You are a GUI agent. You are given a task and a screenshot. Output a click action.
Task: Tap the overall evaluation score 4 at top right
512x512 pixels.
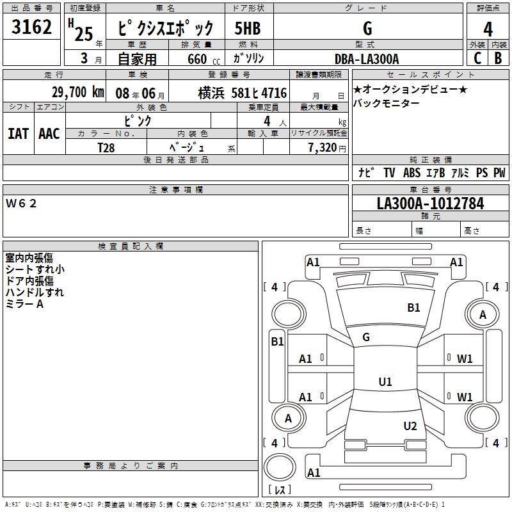tap(488, 29)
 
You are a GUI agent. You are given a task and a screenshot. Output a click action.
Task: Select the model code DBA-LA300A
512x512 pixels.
tap(367, 59)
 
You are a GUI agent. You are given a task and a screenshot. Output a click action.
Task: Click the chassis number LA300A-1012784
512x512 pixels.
tap(430, 204)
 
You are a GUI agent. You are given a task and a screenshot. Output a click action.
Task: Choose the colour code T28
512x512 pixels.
tap(106, 147)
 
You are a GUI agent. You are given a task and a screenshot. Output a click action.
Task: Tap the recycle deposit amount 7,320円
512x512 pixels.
tap(326, 147)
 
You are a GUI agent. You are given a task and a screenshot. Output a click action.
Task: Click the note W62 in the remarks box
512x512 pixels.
tap(22, 204)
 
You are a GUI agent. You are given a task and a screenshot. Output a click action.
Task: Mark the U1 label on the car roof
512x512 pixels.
tap(385, 382)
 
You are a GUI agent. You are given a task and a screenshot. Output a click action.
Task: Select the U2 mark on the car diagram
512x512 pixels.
tap(410, 426)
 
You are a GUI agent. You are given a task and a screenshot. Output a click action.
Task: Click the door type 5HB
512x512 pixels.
tap(248, 29)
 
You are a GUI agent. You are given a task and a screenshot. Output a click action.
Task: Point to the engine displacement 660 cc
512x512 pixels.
tap(198, 59)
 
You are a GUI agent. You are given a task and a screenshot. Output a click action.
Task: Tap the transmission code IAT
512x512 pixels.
tap(18, 134)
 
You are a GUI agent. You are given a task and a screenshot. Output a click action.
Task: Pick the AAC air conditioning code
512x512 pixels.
tap(49, 134)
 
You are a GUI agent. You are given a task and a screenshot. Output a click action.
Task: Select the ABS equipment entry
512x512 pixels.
tap(412, 173)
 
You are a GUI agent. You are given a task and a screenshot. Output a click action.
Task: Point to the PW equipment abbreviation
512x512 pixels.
tap(499, 173)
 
